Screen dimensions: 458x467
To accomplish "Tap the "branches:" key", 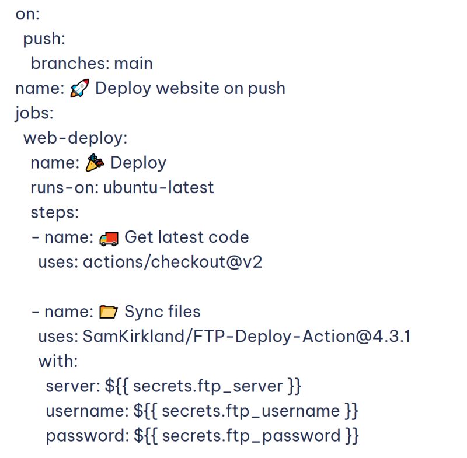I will coord(69,63).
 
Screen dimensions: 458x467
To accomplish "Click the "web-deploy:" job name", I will coord(75,138).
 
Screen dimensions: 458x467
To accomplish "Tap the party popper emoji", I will coord(95,163).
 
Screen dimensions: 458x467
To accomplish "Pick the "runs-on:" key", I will coord(64,187).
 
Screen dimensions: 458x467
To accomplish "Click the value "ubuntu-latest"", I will coord(158,187).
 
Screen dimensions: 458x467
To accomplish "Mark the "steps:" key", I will coord(54,212).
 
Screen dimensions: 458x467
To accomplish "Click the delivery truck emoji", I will coord(109,237).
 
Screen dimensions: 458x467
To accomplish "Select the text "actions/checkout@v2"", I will coord(172,262).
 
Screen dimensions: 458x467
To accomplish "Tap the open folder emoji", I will coord(109,312).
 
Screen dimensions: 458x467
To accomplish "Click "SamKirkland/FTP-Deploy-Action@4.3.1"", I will coord(246,337).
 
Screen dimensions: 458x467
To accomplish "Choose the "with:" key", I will coord(58,362).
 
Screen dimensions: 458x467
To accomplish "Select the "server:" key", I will coord(73,386).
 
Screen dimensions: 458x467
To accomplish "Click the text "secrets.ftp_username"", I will coord(251,411).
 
